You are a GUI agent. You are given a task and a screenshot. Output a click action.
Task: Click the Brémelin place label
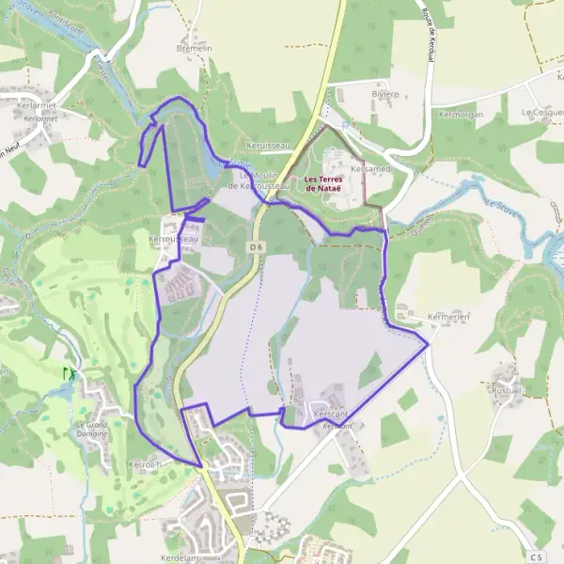click(x=194, y=47)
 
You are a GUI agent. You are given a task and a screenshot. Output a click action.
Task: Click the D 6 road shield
click(x=256, y=246)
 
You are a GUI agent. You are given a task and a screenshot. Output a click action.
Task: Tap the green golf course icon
click(x=68, y=372)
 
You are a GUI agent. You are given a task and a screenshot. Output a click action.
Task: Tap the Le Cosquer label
click(x=541, y=112)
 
